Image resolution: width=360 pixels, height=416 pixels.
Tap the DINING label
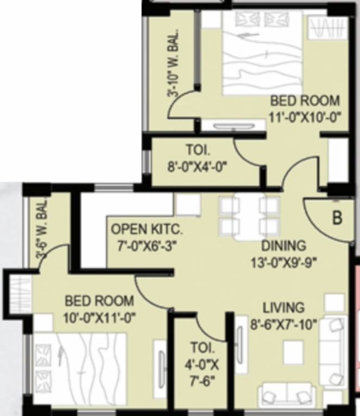click(x=282, y=245)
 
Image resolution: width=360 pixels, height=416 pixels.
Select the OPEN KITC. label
click(x=144, y=229)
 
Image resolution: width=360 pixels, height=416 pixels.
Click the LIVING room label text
click(x=284, y=308)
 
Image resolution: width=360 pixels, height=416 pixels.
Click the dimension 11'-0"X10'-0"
click(x=307, y=116)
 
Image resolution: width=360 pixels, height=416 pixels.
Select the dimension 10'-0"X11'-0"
click(x=99, y=316)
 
